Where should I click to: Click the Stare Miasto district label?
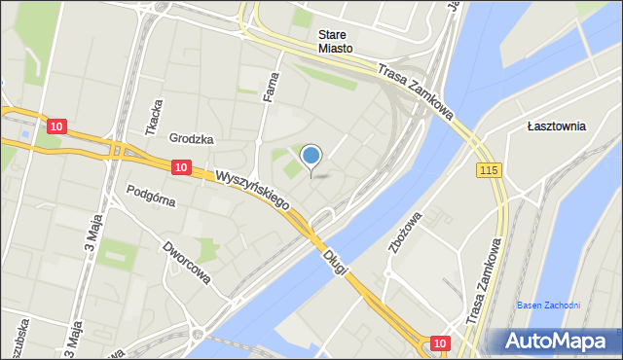tap(335, 40)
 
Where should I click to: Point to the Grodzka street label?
tap(191, 139)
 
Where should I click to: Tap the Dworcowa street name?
tap(187, 263)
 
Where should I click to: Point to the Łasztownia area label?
tap(556, 126)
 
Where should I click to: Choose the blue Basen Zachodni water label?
tap(548, 305)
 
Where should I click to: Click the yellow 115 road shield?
tap(489, 170)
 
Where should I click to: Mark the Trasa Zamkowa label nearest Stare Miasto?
tap(420, 93)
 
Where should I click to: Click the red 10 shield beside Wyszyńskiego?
tap(181, 167)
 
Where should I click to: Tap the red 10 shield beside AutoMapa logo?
tap(440, 342)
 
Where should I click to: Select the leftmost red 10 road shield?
tap(56, 126)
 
